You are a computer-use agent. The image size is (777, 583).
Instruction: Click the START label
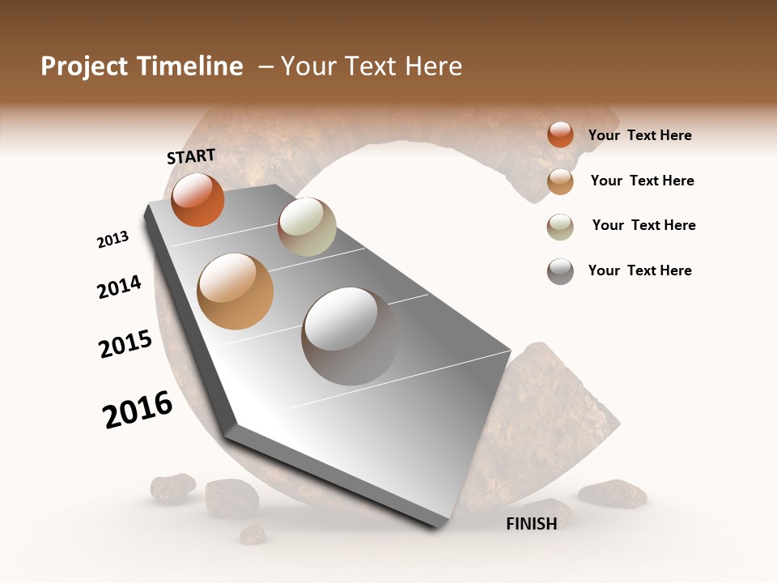[191, 156]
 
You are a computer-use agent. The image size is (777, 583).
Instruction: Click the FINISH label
[532, 524]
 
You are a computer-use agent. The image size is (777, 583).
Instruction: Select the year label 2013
[113, 240]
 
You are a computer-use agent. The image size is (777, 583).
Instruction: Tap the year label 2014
[119, 287]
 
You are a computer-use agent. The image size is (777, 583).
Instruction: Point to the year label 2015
[125, 344]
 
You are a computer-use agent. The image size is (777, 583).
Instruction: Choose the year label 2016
[138, 410]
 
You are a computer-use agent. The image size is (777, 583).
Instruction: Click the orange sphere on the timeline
[197, 200]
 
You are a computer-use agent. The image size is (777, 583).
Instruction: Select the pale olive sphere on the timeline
[307, 227]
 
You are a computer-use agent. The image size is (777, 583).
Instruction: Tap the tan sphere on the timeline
[235, 291]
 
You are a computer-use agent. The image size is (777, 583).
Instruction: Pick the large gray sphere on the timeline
[350, 336]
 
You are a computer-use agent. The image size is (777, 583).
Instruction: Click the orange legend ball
[560, 135]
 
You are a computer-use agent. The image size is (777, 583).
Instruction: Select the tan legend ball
[560, 181]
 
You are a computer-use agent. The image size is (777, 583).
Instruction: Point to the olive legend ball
[560, 227]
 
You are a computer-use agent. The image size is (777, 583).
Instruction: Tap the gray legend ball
[560, 271]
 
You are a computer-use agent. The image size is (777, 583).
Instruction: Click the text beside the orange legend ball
[639, 136]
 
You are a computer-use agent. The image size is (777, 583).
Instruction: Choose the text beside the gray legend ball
[639, 270]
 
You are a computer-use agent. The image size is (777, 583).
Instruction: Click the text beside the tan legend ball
[642, 181]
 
